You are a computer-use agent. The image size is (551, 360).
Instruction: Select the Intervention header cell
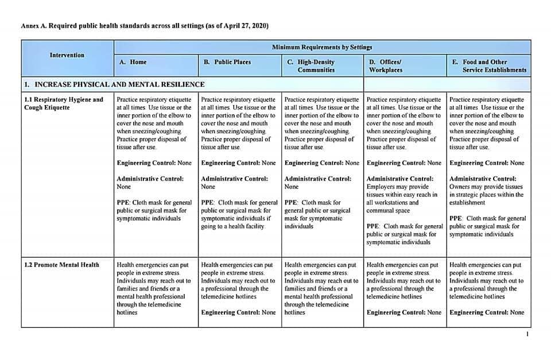[x=67, y=55]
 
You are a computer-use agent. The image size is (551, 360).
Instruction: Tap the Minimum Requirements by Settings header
[x=322, y=47]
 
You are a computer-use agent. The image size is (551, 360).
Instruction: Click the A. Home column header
[x=133, y=62]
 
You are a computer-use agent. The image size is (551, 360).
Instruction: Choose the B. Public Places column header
[x=227, y=62]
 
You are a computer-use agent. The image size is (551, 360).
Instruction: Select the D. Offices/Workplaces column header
[x=385, y=65]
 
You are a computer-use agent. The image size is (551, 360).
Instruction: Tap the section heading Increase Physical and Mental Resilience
[x=114, y=84]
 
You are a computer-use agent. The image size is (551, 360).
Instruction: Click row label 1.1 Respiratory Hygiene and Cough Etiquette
[x=64, y=103]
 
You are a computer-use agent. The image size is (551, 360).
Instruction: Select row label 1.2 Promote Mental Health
[x=62, y=265]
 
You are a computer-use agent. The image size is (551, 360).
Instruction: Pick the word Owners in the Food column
[x=460, y=187]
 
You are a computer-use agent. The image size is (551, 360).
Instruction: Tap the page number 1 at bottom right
[x=527, y=334]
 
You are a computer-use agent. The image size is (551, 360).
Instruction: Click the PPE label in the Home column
[x=123, y=203]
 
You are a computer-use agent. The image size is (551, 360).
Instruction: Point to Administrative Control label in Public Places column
[x=235, y=179]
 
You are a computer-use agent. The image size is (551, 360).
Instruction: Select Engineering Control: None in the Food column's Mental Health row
[x=487, y=312]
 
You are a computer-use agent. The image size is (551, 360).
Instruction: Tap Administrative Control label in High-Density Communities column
[x=318, y=179]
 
